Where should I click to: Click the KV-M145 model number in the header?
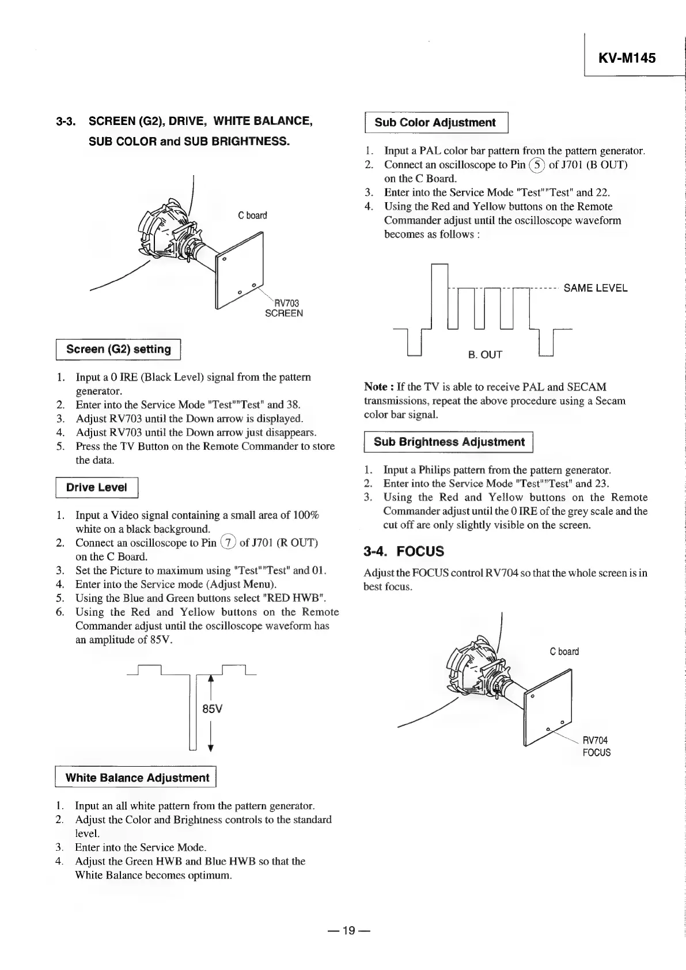click(627, 58)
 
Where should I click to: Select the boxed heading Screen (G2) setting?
click(119, 350)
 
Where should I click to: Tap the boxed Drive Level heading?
click(96, 487)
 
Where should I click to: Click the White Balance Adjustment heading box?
click(137, 778)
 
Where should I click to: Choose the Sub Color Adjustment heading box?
click(435, 123)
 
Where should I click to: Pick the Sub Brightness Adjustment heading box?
click(449, 442)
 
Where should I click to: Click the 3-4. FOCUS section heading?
click(404, 551)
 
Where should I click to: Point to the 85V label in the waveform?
click(212, 709)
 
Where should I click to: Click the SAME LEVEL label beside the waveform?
click(595, 288)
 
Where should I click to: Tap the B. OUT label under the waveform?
click(485, 355)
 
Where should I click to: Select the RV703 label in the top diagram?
click(286, 303)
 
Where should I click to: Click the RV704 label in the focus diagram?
click(595, 740)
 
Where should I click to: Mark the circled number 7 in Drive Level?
click(229, 543)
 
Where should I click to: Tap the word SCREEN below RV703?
click(283, 314)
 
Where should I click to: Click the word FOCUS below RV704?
click(596, 753)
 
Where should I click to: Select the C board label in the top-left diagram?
click(252, 215)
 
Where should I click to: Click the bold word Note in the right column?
click(375, 387)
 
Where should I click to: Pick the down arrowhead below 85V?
click(211, 748)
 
